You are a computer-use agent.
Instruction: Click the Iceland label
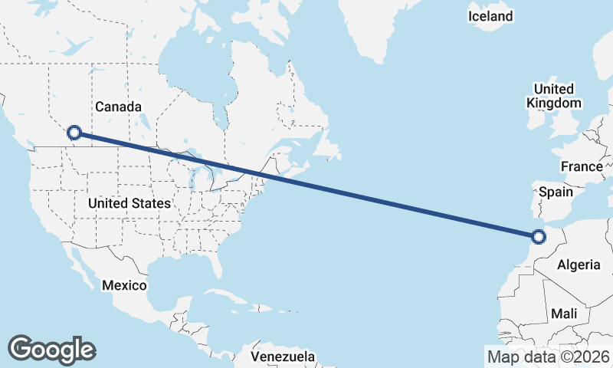490,16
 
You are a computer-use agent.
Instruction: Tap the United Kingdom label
554,96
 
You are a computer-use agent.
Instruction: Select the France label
581,166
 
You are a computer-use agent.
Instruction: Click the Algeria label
579,264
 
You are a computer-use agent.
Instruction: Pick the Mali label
563,314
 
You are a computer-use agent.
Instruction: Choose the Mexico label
124,285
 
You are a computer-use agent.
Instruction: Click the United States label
129,204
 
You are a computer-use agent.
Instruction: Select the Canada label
118,107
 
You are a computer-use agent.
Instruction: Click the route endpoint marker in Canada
74,133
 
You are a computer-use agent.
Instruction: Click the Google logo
51,350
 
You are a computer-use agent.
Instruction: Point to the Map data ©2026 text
549,356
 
